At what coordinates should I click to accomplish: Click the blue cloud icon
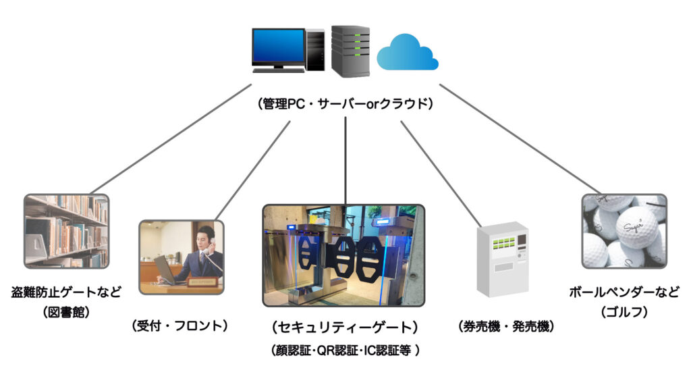click(408, 53)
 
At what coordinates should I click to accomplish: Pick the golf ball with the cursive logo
click(636, 227)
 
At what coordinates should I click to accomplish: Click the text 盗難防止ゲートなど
click(66, 292)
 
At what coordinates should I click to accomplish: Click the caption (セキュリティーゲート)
click(344, 328)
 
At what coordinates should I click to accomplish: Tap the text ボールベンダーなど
click(624, 292)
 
